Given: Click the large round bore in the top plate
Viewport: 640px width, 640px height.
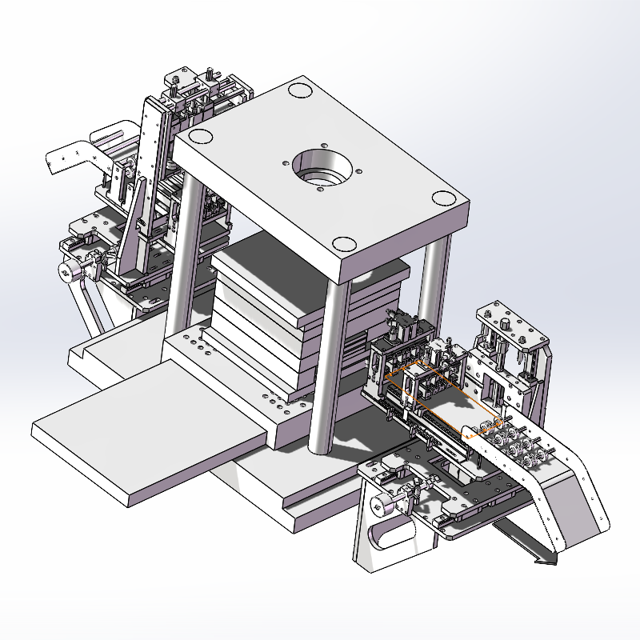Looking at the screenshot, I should pyautogui.click(x=322, y=168).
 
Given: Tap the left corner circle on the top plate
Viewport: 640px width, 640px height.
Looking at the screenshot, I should pyautogui.click(x=200, y=135).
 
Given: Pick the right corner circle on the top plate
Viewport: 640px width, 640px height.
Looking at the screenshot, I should pyautogui.click(x=442, y=199).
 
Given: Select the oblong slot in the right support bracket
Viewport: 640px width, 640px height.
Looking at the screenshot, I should pyautogui.click(x=389, y=534).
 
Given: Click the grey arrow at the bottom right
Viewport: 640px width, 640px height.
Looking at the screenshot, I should pyautogui.click(x=544, y=558).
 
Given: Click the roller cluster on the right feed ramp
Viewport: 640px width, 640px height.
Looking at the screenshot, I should pyautogui.click(x=512, y=444).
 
